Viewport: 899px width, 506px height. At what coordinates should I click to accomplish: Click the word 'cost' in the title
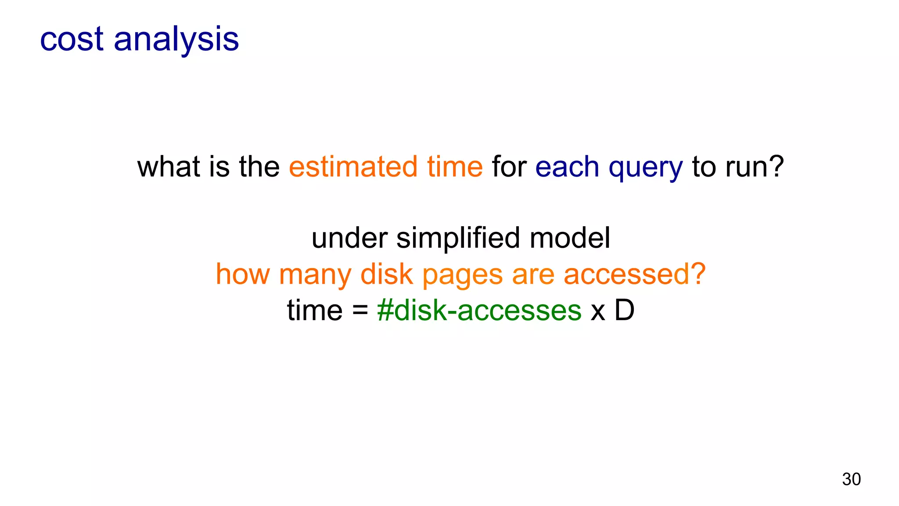point(72,40)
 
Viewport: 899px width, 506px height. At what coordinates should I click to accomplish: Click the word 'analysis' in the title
point(176,40)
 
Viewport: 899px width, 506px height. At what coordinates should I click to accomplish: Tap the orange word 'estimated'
point(353,167)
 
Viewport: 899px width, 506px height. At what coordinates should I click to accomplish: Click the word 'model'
point(569,238)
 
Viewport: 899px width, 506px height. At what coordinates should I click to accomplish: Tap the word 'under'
point(349,239)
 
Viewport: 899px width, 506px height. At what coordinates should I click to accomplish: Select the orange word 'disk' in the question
point(386,275)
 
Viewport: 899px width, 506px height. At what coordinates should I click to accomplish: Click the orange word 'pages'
point(462,276)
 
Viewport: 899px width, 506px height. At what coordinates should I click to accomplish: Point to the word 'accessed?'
point(634,275)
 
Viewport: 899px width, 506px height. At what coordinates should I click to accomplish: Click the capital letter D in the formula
point(624,310)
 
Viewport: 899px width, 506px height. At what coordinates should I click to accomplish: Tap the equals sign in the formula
point(360,311)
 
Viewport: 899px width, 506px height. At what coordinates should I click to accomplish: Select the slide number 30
point(851,479)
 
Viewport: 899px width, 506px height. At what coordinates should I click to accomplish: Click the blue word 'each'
point(567,167)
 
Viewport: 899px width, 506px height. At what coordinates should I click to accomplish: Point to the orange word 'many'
point(315,276)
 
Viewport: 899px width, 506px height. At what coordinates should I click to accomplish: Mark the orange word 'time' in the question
point(455,167)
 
